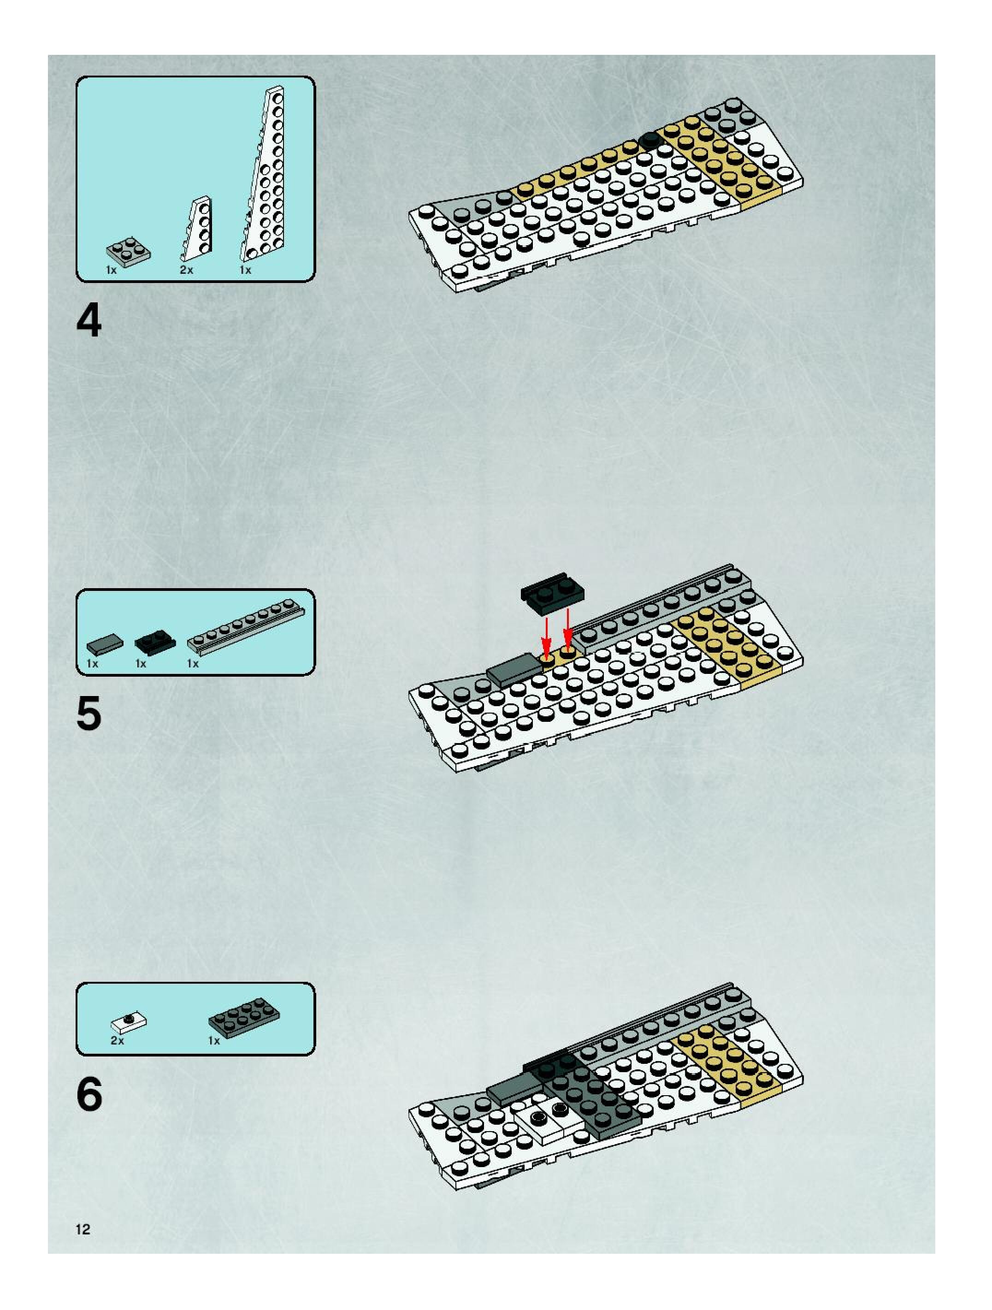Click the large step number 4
(x=89, y=322)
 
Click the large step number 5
(x=89, y=714)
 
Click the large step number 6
(x=89, y=1094)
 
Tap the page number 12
(x=83, y=1229)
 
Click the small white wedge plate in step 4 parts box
(x=197, y=229)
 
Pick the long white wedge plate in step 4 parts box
(x=265, y=177)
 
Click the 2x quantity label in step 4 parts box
(x=187, y=270)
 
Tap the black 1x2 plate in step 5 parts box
(x=155, y=642)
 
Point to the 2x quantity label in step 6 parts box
(x=117, y=1040)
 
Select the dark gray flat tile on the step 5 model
(x=514, y=670)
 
